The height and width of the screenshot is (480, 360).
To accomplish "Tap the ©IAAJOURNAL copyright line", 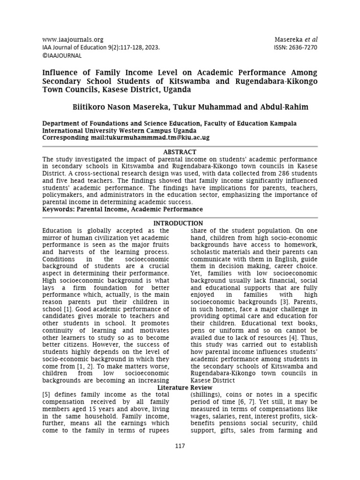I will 62,55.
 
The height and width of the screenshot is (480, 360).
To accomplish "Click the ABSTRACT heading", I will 180,152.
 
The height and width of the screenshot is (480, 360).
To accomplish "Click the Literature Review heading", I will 185,388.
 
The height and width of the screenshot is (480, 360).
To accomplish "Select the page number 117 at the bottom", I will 180,446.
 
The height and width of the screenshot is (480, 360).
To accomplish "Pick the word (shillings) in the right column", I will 205,395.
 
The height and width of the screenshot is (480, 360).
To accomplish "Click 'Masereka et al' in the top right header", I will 298,40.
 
